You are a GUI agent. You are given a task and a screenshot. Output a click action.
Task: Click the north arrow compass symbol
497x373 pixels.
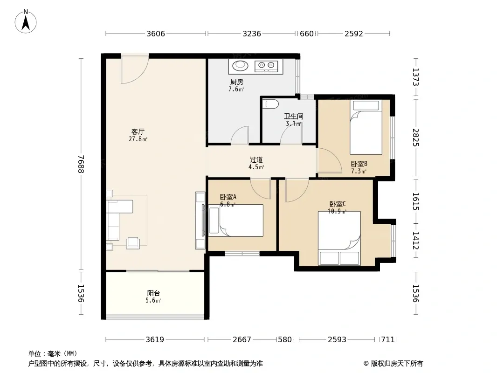26,21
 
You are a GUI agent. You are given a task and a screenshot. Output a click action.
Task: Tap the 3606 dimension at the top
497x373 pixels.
156,34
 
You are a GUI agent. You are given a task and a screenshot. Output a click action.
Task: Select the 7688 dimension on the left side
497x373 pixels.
81,164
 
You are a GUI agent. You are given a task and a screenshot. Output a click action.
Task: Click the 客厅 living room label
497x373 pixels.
138,131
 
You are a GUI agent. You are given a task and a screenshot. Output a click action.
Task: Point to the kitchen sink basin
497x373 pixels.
240,66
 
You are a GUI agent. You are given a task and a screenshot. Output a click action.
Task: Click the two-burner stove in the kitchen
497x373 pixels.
266,66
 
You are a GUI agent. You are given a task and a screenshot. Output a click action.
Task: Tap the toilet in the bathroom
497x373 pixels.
270,104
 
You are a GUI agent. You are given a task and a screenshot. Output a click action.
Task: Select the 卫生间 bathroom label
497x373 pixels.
294,116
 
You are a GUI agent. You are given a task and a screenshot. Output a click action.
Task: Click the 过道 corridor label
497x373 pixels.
256,160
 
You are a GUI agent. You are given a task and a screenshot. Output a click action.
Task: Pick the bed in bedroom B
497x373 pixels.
366,127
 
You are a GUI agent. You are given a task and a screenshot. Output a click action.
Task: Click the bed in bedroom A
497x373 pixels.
236,220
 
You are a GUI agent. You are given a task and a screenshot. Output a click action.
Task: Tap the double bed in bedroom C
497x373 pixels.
339,238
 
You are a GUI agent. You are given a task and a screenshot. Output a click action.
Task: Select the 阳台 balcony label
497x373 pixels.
153,293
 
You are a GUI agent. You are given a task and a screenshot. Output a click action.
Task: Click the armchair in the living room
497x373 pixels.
133,243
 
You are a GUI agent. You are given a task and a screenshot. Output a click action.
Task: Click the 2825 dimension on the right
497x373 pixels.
416,137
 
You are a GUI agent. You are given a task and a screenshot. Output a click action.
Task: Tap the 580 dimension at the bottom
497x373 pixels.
285,340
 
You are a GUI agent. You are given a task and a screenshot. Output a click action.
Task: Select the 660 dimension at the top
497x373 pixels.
306,34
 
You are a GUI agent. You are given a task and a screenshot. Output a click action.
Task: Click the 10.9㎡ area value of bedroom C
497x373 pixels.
337,211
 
